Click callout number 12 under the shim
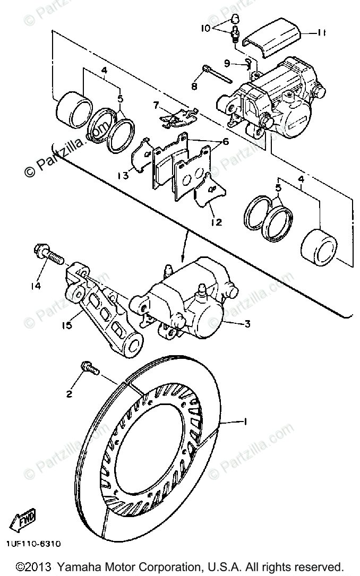point(216,222)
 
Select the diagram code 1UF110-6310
point(33,544)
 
